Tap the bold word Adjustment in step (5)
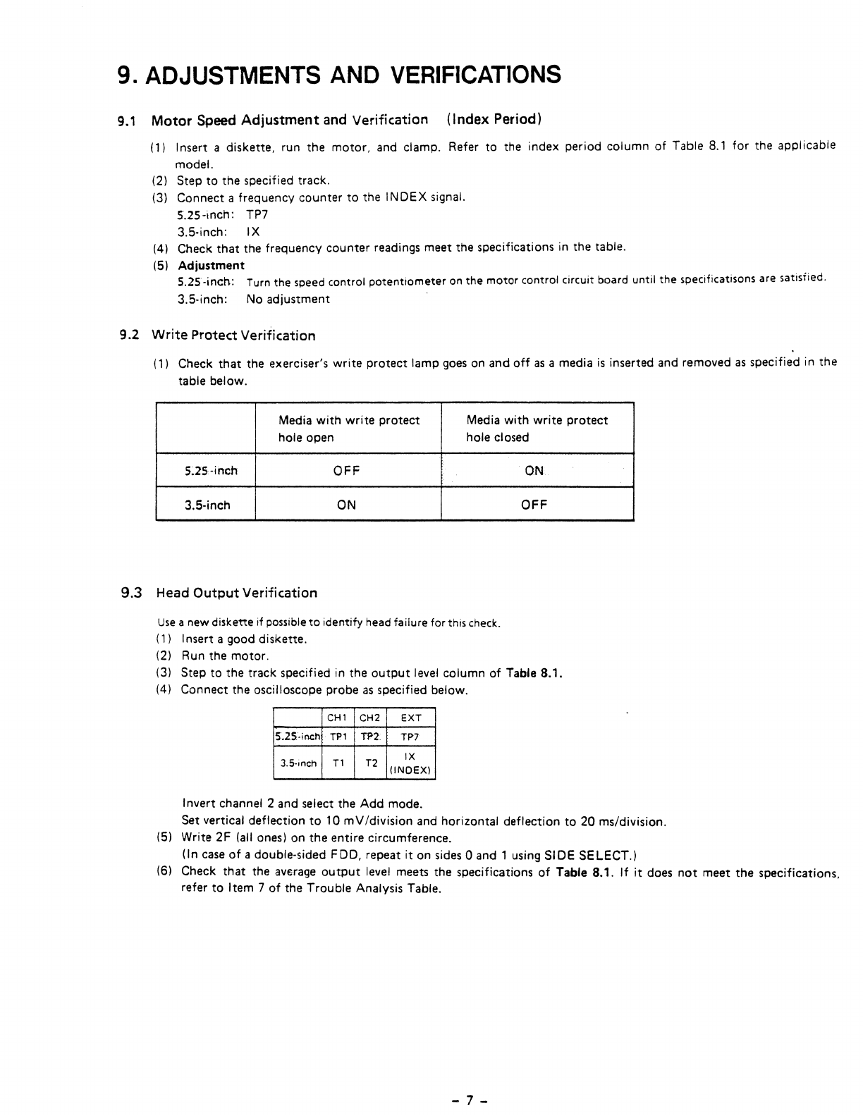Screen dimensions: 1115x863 [211, 266]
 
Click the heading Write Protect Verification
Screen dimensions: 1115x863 [233, 335]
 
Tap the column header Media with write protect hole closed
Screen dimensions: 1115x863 [537, 429]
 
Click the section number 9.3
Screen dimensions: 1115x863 [132, 593]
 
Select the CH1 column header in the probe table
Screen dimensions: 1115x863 [337, 718]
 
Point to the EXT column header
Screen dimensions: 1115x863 [410, 718]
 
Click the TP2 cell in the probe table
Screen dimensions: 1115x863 [370, 737]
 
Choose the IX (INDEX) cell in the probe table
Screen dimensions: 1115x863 [410, 763]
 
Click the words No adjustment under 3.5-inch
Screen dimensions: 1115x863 [288, 300]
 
